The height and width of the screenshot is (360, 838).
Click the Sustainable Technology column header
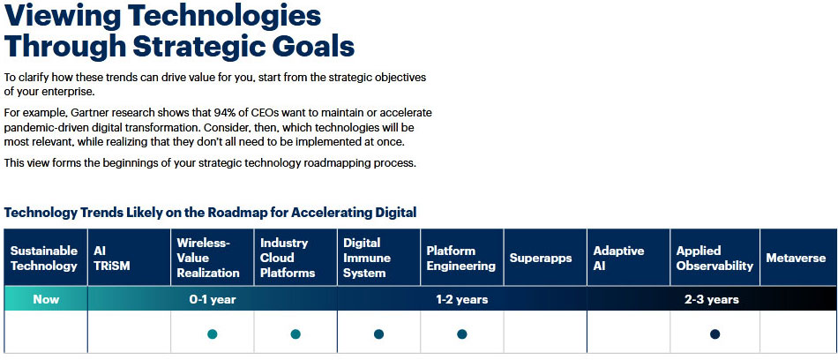coord(45,258)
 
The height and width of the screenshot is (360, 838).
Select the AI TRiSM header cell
coord(130,258)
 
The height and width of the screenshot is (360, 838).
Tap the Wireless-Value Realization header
coord(213,258)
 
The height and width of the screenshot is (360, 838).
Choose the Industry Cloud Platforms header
coord(296,258)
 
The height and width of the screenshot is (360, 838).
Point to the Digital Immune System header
coord(379,258)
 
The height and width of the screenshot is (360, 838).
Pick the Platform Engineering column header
coord(462,258)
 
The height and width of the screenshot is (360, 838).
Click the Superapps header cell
coord(545,258)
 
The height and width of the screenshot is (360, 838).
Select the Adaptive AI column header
coord(628,258)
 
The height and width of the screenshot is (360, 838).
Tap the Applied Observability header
coord(715,258)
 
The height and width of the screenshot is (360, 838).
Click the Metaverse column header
coord(798,258)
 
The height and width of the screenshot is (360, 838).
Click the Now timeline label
coord(46,299)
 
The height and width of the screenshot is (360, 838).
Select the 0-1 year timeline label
coord(213,299)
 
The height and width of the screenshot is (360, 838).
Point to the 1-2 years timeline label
coord(461,299)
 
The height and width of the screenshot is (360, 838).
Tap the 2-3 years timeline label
coord(712,299)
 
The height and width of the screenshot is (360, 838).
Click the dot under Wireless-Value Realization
coord(213,334)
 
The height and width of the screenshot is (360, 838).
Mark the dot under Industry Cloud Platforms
coord(296,334)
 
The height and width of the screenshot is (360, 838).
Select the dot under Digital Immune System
coord(379,334)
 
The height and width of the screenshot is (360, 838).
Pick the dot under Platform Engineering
coord(462,334)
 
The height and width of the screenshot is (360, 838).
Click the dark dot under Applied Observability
coord(715,334)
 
